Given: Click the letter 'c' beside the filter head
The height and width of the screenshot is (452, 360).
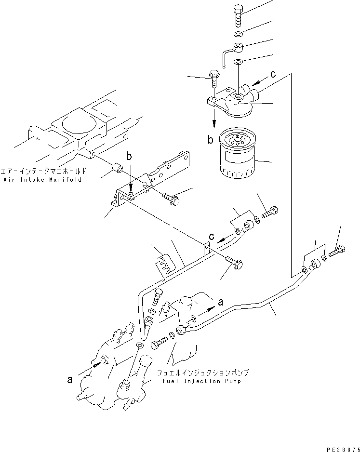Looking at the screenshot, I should tap(273, 74).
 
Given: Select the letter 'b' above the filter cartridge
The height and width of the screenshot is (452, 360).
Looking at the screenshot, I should tap(211, 140).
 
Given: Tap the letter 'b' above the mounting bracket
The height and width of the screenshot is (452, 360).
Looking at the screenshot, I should tap(129, 157).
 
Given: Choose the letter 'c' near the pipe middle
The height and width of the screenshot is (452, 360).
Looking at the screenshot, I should tap(212, 236).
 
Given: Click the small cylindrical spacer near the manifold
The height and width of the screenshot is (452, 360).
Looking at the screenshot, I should tap(116, 170).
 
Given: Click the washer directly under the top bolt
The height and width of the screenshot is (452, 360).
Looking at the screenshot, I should tap(239, 35).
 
